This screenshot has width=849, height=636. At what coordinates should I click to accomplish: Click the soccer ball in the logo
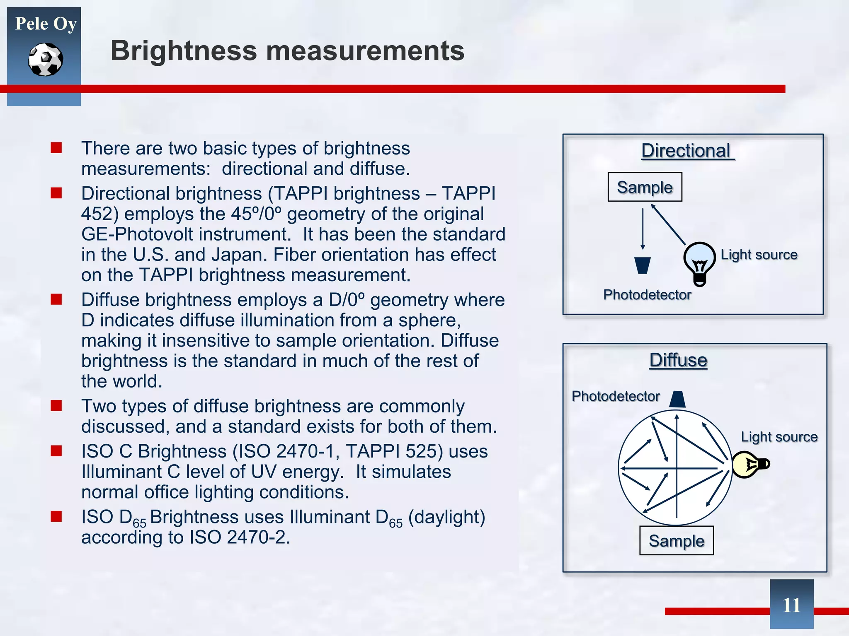tap(46, 60)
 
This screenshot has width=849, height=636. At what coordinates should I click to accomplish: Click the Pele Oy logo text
tap(46, 24)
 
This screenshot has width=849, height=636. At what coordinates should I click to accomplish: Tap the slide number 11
tap(791, 605)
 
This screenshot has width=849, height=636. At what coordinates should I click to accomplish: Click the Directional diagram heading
tap(687, 151)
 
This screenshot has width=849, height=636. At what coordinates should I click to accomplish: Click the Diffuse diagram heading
tap(678, 360)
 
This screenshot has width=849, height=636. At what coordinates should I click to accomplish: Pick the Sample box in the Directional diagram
tap(645, 187)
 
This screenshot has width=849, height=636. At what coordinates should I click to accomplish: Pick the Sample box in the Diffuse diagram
tap(676, 541)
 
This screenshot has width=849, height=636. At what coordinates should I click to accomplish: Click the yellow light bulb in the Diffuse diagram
tap(749, 464)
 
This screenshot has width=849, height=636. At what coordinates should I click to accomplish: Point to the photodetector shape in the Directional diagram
tap(643, 265)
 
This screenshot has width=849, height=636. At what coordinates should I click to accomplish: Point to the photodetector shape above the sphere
tap(677, 399)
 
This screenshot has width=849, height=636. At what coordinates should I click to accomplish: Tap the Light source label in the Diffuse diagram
tap(779, 437)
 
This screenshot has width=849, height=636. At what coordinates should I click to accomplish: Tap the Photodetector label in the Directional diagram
tap(647, 295)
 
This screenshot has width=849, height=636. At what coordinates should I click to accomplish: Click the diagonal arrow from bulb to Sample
tap(668, 225)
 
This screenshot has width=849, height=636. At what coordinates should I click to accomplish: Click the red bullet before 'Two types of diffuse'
tap(56, 405)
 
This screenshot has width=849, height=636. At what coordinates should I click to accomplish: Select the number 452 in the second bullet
tap(97, 214)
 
